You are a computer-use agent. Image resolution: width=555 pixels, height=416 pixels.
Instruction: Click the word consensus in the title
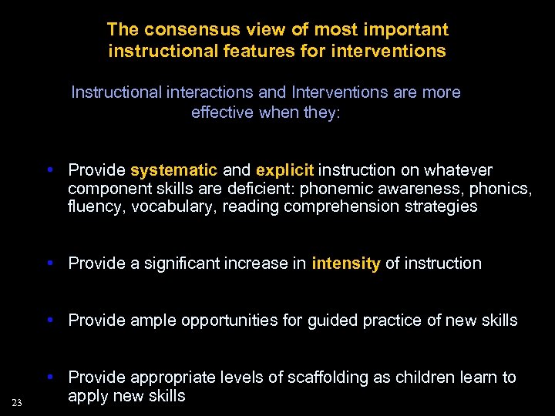tap(179, 30)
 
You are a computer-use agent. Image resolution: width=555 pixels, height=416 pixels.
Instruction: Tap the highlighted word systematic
tap(163, 169)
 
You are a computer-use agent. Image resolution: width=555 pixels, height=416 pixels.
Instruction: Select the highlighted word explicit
tap(284, 169)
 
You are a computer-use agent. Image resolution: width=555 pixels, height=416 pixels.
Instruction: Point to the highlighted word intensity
tap(346, 263)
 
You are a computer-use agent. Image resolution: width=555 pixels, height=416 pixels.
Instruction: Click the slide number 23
tap(17, 402)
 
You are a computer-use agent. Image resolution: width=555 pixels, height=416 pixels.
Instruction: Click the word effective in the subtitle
tap(221, 112)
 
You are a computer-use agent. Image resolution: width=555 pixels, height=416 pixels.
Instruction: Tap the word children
tap(424, 377)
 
